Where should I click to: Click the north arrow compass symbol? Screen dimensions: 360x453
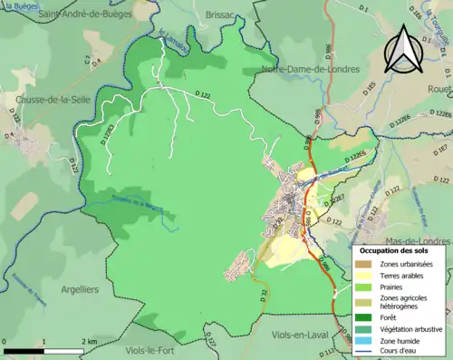(403, 48)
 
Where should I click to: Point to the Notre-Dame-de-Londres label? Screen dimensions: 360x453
(310, 69)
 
